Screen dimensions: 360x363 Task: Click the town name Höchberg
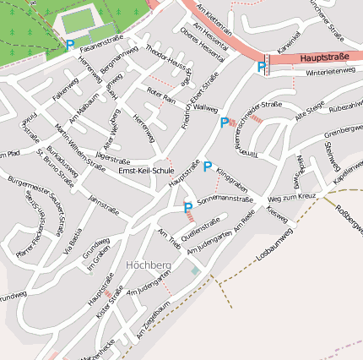[x=148, y=265]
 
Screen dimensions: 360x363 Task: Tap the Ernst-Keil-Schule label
[x=146, y=172]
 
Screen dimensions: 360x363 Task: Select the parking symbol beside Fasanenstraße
[x=70, y=46]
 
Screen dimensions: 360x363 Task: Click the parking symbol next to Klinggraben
[x=208, y=166]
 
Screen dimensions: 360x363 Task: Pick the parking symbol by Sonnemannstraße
[x=187, y=207]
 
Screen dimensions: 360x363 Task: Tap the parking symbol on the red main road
[x=262, y=67]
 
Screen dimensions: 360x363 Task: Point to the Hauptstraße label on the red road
[x=324, y=59]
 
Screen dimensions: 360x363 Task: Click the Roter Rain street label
[x=161, y=94]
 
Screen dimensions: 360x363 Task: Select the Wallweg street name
[x=205, y=109]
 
